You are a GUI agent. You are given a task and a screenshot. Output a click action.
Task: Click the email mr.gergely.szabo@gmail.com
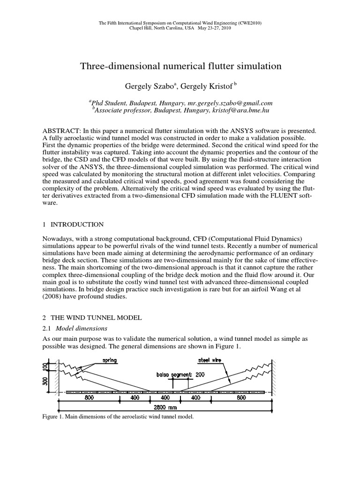tap(221, 103)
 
